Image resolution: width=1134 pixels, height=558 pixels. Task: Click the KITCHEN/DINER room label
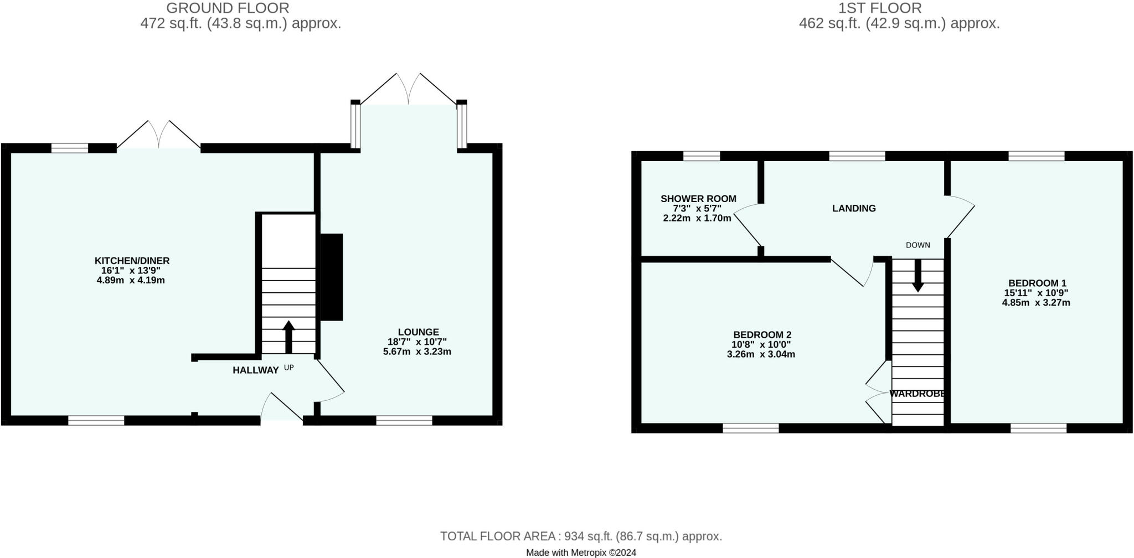click(x=132, y=261)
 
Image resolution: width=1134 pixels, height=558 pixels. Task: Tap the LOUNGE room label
click(x=417, y=332)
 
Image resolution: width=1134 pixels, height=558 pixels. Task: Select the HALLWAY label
click(x=255, y=370)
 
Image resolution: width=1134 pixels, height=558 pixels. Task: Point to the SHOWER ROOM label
click(x=698, y=199)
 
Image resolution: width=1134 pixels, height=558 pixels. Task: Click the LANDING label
click(x=854, y=208)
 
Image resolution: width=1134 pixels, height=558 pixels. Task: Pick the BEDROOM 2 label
click(x=762, y=335)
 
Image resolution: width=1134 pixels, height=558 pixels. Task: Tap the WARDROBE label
click(x=916, y=394)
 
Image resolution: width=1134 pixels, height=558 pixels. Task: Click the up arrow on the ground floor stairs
click(x=288, y=337)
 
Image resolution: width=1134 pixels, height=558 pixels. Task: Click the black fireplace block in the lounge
click(x=332, y=277)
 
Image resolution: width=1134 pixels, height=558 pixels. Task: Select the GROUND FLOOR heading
click(x=228, y=8)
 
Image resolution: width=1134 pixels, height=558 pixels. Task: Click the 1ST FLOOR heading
click(x=880, y=8)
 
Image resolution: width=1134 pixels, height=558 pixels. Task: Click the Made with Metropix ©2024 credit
click(x=581, y=552)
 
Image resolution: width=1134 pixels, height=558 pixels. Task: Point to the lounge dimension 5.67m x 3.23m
click(x=417, y=352)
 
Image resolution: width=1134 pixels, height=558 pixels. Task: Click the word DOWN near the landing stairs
click(x=917, y=245)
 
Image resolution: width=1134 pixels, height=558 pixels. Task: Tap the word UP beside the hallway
click(x=288, y=367)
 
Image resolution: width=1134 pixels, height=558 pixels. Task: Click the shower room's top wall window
click(x=702, y=156)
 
